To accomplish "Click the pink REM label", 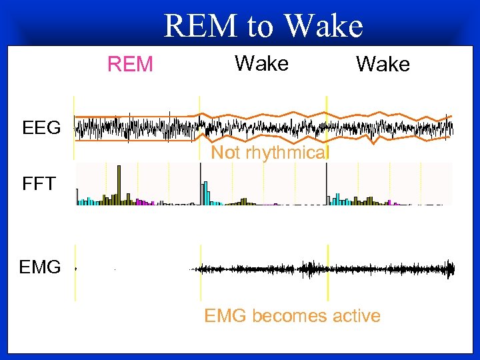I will click(x=131, y=64).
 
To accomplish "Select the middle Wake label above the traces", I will click(x=261, y=63).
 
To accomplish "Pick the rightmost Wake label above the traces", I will click(x=383, y=64).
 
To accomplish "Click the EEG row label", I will click(x=41, y=127).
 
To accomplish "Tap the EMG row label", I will click(x=40, y=268).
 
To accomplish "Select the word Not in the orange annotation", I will click(x=225, y=153).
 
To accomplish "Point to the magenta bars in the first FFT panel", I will click(x=141, y=201).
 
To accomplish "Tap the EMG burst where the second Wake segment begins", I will click(x=308, y=269).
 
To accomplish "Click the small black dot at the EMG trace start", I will click(x=75, y=268).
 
